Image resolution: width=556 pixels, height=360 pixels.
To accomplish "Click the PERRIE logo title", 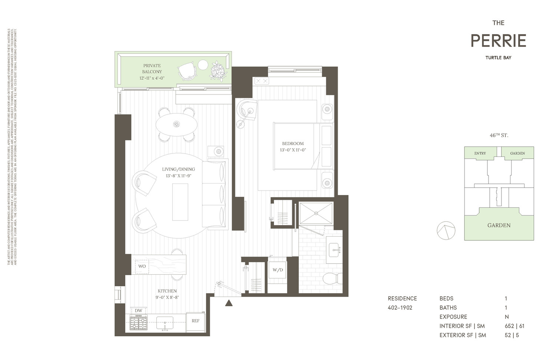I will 498,41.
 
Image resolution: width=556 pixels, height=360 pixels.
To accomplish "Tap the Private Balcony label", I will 152,69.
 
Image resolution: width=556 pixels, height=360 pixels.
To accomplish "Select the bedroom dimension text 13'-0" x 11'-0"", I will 293,150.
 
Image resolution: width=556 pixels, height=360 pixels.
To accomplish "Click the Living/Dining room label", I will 178,169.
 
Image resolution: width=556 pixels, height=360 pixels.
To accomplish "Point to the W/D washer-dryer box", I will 278,270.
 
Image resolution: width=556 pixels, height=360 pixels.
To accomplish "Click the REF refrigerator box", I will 195,321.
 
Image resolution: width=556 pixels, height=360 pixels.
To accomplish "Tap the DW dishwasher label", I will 138,311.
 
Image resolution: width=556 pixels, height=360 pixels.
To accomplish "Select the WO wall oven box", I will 142,266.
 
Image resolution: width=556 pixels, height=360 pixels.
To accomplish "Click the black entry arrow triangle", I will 229,303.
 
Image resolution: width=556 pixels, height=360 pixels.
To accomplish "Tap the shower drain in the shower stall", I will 316,213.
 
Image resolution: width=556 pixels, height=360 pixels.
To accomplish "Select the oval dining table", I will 176,124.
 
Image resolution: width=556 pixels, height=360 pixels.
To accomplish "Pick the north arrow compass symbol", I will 446,231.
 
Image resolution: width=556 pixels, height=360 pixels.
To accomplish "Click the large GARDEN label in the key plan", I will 499,225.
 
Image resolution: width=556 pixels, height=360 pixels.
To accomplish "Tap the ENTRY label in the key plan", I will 480,153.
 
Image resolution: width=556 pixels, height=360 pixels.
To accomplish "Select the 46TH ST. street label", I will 499,135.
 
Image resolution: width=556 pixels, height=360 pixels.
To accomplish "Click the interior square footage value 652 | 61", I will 514,326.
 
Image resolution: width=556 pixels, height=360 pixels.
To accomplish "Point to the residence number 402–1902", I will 400,307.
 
